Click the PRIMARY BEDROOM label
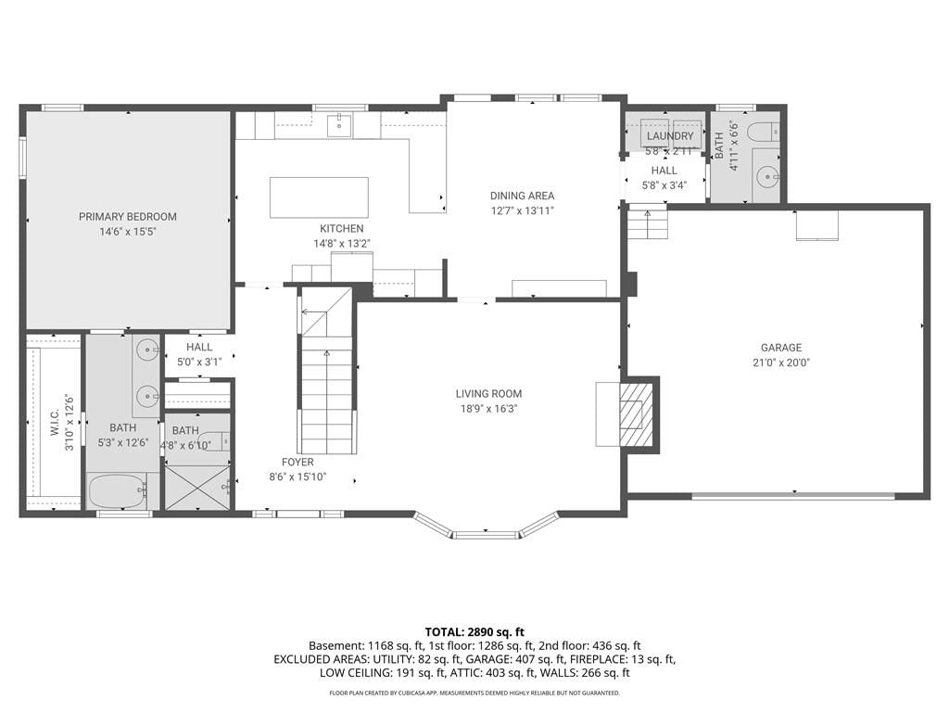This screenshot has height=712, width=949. (128, 216)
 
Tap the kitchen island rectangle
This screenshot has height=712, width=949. (319, 197)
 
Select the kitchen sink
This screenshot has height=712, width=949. (339, 125)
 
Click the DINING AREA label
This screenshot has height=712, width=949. (523, 196)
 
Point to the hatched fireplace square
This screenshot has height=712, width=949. (636, 414)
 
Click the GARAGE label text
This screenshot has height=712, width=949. (781, 348)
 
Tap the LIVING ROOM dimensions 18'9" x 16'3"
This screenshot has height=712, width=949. (489, 409)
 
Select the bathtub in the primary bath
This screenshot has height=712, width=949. (119, 491)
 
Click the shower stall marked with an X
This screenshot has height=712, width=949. (198, 488)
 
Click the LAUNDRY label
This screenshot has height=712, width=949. (670, 136)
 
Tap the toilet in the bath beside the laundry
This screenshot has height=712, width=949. (764, 132)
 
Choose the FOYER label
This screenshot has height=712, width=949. (297, 462)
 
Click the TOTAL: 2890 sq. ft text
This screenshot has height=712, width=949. (474, 632)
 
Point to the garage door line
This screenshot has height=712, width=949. (793, 496)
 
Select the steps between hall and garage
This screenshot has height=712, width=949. (647, 222)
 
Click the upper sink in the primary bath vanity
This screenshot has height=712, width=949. (147, 350)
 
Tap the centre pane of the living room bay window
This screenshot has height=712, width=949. (487, 535)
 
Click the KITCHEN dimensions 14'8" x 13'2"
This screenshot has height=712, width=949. (342, 244)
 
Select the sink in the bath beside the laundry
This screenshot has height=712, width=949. (768, 178)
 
